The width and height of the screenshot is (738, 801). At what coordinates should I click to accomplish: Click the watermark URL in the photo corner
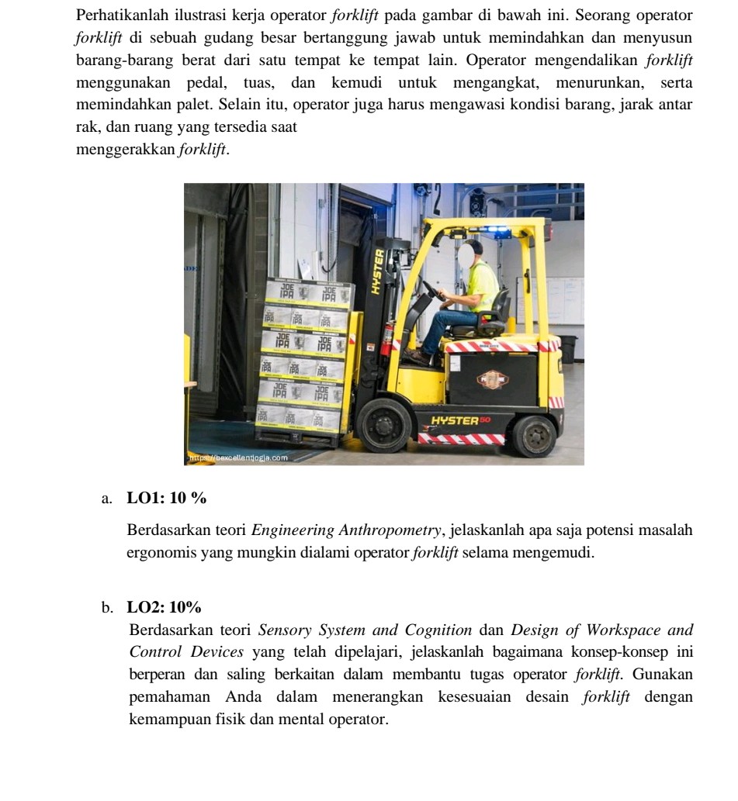[x=237, y=457]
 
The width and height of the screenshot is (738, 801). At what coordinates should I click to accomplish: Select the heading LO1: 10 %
[x=167, y=498]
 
